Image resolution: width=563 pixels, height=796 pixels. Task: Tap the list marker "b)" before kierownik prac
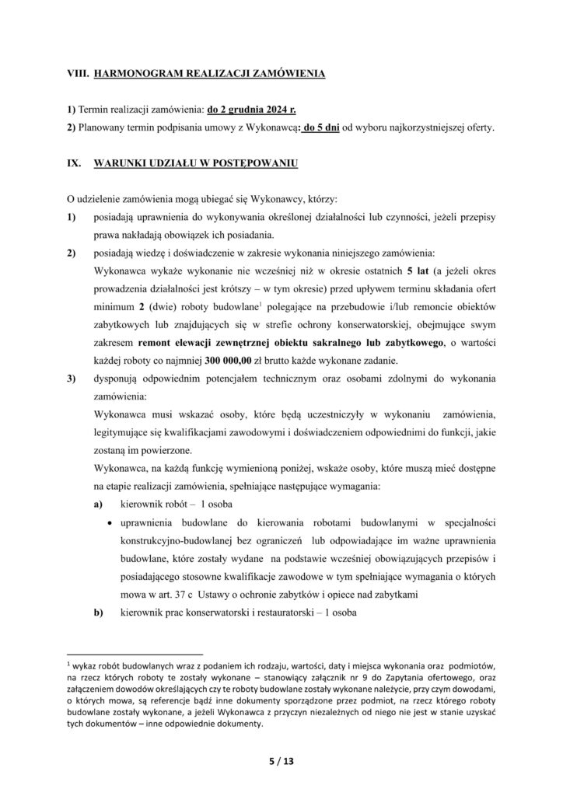(x=98, y=613)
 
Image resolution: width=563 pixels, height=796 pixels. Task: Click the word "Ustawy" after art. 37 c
(x=220, y=595)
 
